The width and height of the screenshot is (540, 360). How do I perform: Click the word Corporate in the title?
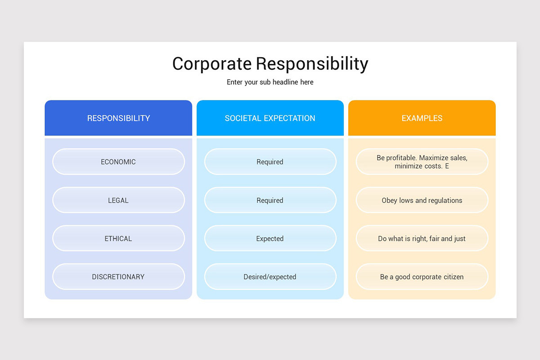[x=211, y=64]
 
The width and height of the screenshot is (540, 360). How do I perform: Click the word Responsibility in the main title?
[x=312, y=64]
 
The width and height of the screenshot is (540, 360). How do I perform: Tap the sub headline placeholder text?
[x=270, y=82]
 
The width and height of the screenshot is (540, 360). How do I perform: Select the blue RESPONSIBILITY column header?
[x=118, y=118]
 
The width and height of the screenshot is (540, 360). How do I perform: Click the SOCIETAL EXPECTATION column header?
[x=270, y=118]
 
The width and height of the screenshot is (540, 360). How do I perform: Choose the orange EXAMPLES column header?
[x=422, y=118]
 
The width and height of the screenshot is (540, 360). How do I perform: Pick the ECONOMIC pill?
[x=118, y=162]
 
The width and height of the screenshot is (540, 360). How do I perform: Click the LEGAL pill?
[x=118, y=200]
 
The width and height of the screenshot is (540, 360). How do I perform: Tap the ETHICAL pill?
[x=118, y=238]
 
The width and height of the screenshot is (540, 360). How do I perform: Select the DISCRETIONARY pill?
[x=118, y=277]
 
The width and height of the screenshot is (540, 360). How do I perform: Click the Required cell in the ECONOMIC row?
[x=270, y=162]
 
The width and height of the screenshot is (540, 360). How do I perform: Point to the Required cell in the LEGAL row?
[x=270, y=200]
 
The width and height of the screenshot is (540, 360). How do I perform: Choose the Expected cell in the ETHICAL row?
[x=270, y=238]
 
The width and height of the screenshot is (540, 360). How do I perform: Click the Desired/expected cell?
[x=270, y=277]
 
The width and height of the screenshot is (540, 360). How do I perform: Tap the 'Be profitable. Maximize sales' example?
[x=422, y=162]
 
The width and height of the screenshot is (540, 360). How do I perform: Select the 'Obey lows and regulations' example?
[x=422, y=200]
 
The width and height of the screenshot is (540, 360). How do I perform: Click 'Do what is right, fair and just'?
[x=422, y=238]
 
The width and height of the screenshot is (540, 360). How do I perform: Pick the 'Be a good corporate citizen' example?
[x=422, y=277]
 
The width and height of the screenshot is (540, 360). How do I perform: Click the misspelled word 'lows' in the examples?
[x=407, y=200]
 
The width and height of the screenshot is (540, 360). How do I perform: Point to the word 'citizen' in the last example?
[x=451, y=277]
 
